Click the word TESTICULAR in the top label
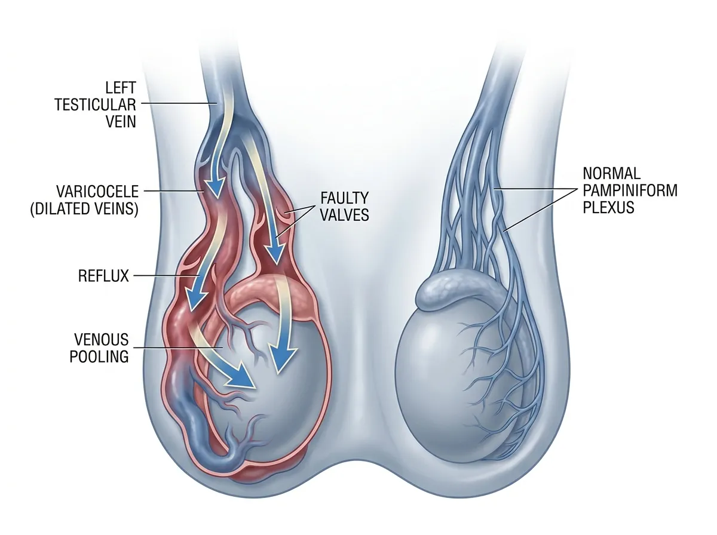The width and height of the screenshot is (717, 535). coord(95,104)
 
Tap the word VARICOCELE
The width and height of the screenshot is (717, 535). coord(97,191)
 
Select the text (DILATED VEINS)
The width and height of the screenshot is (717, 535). coord(84,208)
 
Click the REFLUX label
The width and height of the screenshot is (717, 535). coord(103,276)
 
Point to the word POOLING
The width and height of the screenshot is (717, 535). coord(99,356)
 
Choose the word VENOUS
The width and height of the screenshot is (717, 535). coord(101,340)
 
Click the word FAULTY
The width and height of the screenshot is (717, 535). coord(345,198)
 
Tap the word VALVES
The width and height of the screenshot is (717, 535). coord(345,215)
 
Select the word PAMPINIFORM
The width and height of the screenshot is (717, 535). coord(630,190)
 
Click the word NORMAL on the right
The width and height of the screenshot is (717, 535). coord(611,173)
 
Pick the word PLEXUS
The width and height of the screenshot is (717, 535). coord(608,207)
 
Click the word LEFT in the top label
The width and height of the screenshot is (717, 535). coord(121,88)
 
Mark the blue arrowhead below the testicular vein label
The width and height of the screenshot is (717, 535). coord(216,186)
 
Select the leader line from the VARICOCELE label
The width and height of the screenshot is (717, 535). coord(174,191)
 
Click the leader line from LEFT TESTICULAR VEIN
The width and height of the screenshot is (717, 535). coord(179,103)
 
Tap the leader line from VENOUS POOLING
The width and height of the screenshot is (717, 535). coord(178,348)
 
